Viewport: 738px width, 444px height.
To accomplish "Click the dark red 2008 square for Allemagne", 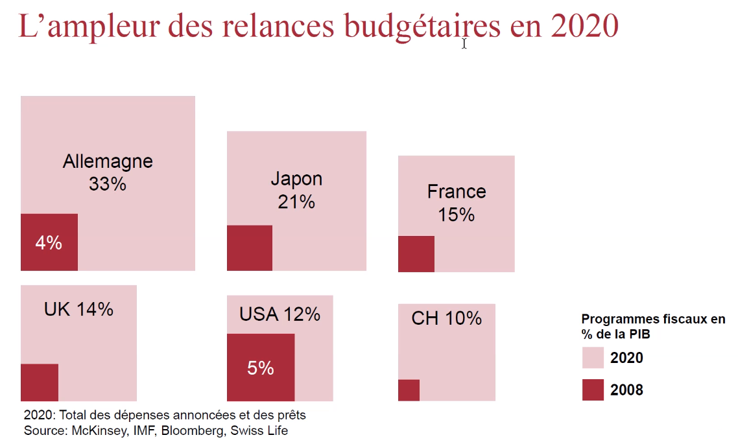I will [x=49, y=242].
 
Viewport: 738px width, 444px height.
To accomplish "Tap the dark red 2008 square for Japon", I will [x=250, y=248].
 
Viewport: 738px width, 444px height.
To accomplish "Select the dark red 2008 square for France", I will [x=416, y=253].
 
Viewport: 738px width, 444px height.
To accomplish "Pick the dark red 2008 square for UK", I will [x=40, y=382].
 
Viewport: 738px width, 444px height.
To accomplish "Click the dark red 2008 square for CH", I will [x=409, y=390].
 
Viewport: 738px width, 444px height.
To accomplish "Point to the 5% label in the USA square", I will [x=261, y=368].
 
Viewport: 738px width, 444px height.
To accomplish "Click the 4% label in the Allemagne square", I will [x=49, y=243].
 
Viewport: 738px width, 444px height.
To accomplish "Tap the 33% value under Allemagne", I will [x=108, y=184].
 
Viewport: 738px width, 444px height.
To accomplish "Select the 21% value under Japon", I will [x=296, y=202].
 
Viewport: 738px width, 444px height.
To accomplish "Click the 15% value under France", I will [x=457, y=215].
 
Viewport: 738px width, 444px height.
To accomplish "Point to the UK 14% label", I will [x=78, y=309].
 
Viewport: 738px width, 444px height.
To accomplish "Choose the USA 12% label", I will [x=280, y=314].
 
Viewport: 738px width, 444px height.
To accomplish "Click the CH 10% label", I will [x=446, y=318].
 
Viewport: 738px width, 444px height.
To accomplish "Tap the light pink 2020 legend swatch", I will [x=593, y=357].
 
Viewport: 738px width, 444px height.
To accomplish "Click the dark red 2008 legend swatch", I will [x=593, y=390].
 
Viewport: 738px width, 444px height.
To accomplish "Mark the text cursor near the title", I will [x=464, y=43].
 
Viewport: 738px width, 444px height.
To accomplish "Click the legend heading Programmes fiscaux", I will [x=653, y=319].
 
